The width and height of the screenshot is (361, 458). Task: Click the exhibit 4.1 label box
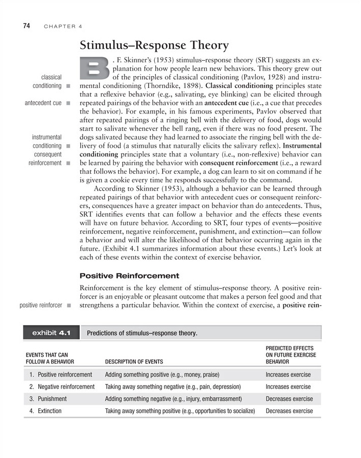[x=51, y=333]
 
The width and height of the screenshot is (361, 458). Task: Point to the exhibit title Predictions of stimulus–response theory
[x=142, y=333]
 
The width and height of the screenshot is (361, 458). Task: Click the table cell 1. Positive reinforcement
[x=61, y=374]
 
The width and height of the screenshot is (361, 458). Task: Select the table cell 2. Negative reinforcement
[x=62, y=386]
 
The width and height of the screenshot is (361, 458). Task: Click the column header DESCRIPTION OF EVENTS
[x=135, y=362]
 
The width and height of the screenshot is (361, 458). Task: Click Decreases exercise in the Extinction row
[x=290, y=411]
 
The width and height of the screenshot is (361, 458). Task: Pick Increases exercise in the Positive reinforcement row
[x=288, y=374]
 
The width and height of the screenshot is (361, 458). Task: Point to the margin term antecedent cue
[x=43, y=103]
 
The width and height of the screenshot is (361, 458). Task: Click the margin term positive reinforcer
[x=40, y=306]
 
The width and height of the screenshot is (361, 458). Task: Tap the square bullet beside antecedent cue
[x=68, y=103]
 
